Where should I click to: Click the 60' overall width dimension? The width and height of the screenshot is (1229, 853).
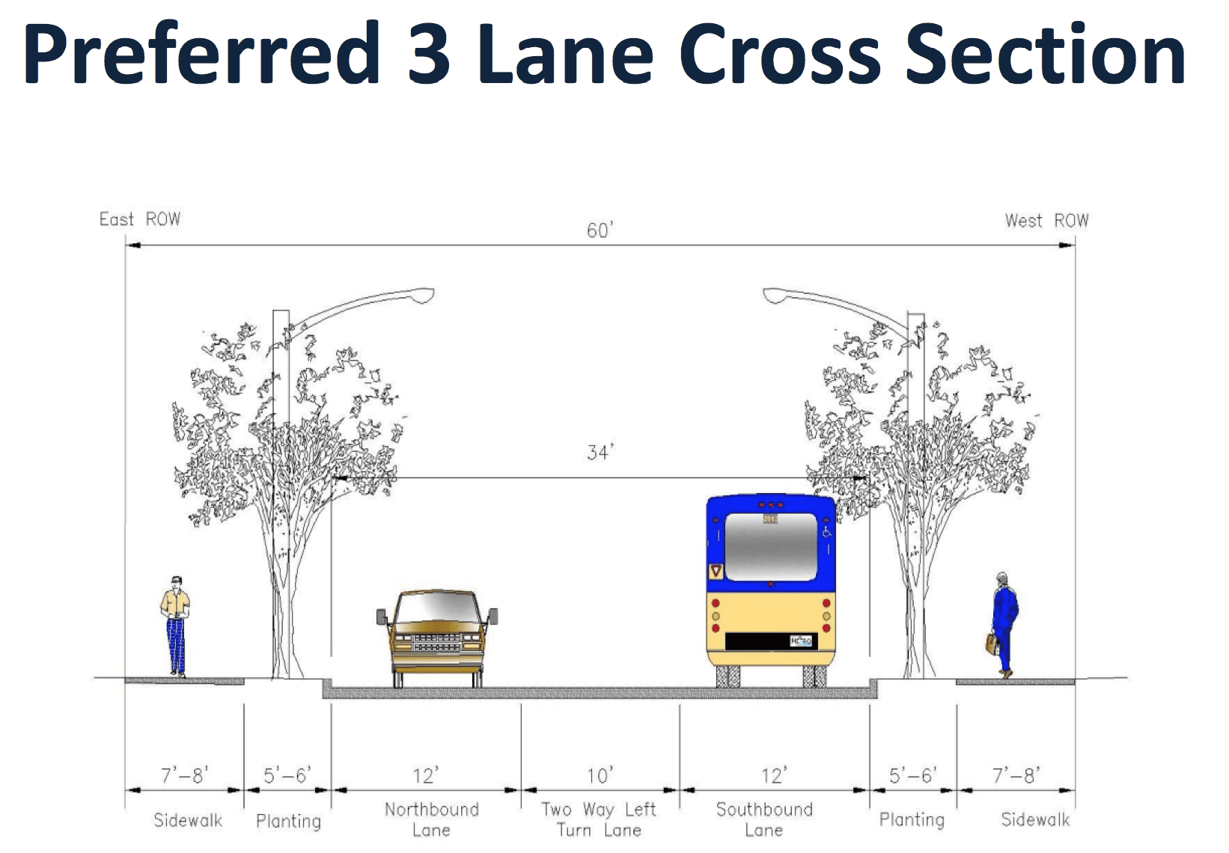tap(600, 230)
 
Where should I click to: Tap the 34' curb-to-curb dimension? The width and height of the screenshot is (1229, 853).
tap(600, 453)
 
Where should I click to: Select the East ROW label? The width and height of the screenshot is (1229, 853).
tap(140, 219)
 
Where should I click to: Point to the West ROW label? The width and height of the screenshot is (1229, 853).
tap(1046, 221)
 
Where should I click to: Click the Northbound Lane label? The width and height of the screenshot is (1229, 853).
tap(432, 819)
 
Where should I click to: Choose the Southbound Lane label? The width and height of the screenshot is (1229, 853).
tap(764, 819)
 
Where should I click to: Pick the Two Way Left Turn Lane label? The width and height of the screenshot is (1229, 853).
tap(599, 819)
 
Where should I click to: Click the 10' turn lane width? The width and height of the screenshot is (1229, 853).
tap(600, 776)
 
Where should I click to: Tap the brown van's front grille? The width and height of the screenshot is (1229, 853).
tap(437, 642)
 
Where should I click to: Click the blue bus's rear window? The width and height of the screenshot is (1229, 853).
tap(771, 546)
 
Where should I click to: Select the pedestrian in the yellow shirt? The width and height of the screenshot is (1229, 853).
tap(176, 626)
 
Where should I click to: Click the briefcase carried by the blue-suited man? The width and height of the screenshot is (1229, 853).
tap(992, 643)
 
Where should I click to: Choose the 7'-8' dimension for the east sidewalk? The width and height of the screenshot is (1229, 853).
tap(184, 775)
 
